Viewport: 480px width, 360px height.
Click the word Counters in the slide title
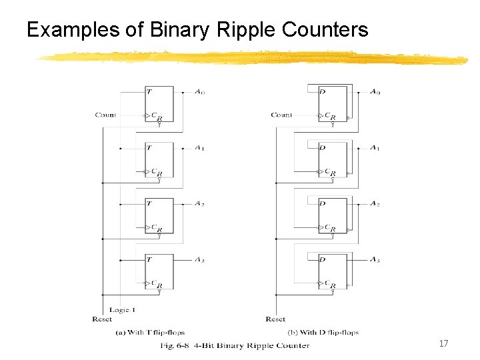(x=325, y=30)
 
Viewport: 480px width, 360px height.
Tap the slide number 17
(x=443, y=343)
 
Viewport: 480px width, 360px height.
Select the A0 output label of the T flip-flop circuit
(x=200, y=91)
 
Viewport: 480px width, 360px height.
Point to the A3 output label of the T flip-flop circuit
(x=200, y=259)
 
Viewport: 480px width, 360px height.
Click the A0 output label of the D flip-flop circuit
(x=375, y=91)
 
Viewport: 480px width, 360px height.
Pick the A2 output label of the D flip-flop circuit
(x=375, y=203)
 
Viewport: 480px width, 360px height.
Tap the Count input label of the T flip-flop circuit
(x=105, y=115)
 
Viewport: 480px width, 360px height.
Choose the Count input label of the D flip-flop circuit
(x=281, y=115)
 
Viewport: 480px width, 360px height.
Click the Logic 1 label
(x=122, y=310)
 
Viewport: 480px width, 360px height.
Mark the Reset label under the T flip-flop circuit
(x=102, y=319)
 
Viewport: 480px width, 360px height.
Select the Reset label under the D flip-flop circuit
(x=275, y=319)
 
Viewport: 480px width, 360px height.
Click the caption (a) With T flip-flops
(x=150, y=332)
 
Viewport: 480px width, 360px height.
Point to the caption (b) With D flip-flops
(x=323, y=332)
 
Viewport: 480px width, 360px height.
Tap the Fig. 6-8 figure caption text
(x=235, y=345)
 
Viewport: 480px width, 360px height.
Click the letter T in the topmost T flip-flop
(x=149, y=91)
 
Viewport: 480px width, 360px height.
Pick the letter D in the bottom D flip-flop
(x=322, y=259)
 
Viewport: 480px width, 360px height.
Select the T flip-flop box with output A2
(x=159, y=215)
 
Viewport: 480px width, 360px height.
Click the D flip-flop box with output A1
(x=333, y=159)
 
